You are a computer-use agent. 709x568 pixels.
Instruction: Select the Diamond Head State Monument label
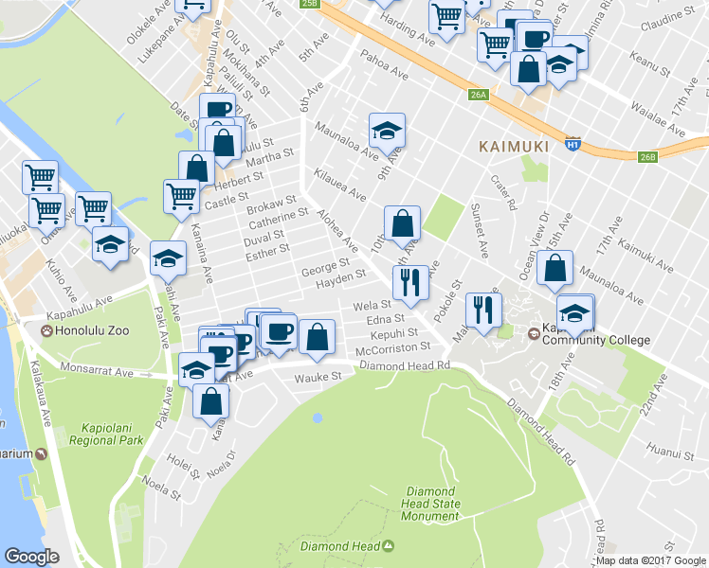(x=432, y=505)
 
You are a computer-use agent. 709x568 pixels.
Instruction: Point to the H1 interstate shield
(x=572, y=144)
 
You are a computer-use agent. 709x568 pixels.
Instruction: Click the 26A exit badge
(x=478, y=95)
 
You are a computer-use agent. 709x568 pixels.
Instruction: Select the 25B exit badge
(x=309, y=4)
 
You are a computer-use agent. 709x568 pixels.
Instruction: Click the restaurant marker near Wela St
(x=409, y=280)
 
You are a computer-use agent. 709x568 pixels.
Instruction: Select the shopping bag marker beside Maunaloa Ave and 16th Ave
(x=554, y=268)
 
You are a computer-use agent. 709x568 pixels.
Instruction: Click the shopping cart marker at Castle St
(x=181, y=197)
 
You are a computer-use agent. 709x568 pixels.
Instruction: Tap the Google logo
(x=31, y=557)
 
